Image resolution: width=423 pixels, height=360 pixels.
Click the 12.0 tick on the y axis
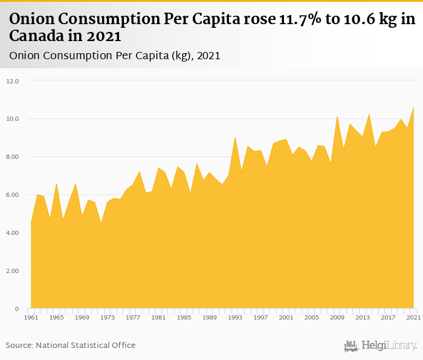13,80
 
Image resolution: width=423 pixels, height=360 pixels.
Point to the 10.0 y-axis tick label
13,118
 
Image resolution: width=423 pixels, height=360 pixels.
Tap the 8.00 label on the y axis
13,156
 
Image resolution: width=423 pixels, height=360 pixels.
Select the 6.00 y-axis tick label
13,194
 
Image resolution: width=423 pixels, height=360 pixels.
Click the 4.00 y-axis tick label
13,233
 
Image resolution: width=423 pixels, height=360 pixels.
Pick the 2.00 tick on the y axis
13,271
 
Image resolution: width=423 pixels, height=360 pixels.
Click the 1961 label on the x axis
31,317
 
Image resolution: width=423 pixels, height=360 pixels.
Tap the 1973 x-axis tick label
107,317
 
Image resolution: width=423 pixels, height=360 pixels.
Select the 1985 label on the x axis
184,317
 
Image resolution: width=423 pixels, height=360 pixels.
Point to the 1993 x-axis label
234,317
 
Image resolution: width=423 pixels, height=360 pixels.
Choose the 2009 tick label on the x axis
337,317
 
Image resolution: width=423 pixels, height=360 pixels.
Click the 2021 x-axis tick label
413,317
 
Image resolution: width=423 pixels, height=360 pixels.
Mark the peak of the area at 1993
235,137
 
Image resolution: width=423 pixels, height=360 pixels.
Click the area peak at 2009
337,117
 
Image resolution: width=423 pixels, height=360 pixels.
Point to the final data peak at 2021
413,107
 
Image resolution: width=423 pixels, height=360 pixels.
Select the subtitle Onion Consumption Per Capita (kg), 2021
115,56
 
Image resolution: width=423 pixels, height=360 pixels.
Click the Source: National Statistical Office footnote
71,345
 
